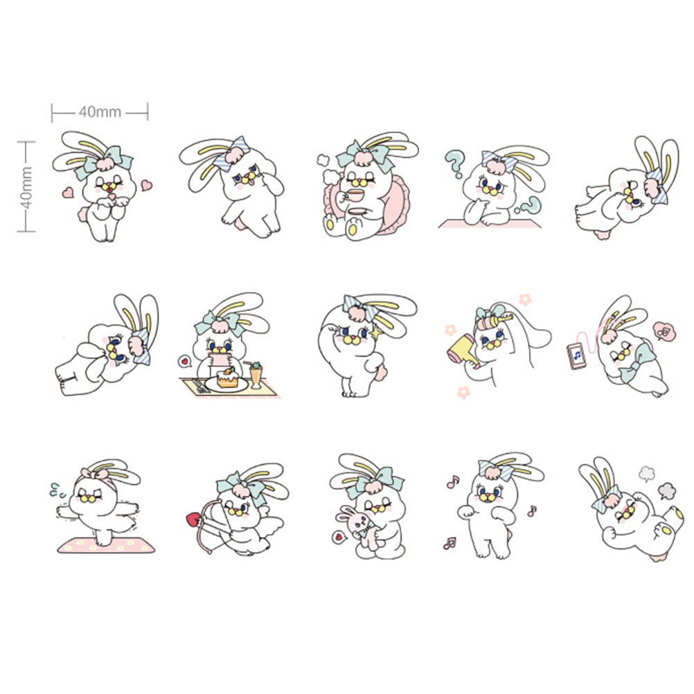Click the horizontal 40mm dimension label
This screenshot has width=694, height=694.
point(100,112)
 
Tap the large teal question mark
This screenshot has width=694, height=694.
point(455,163)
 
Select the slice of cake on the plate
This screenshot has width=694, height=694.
point(227,377)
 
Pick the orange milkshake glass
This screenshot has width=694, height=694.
point(256,375)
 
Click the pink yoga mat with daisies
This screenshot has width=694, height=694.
point(106,545)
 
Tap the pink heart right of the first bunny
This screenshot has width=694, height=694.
point(147,184)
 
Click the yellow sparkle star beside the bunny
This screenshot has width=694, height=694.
point(377,331)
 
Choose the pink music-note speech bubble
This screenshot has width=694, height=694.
point(664,331)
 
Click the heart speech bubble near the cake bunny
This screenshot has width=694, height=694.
point(184,361)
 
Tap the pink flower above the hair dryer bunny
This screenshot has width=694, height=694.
point(525,299)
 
